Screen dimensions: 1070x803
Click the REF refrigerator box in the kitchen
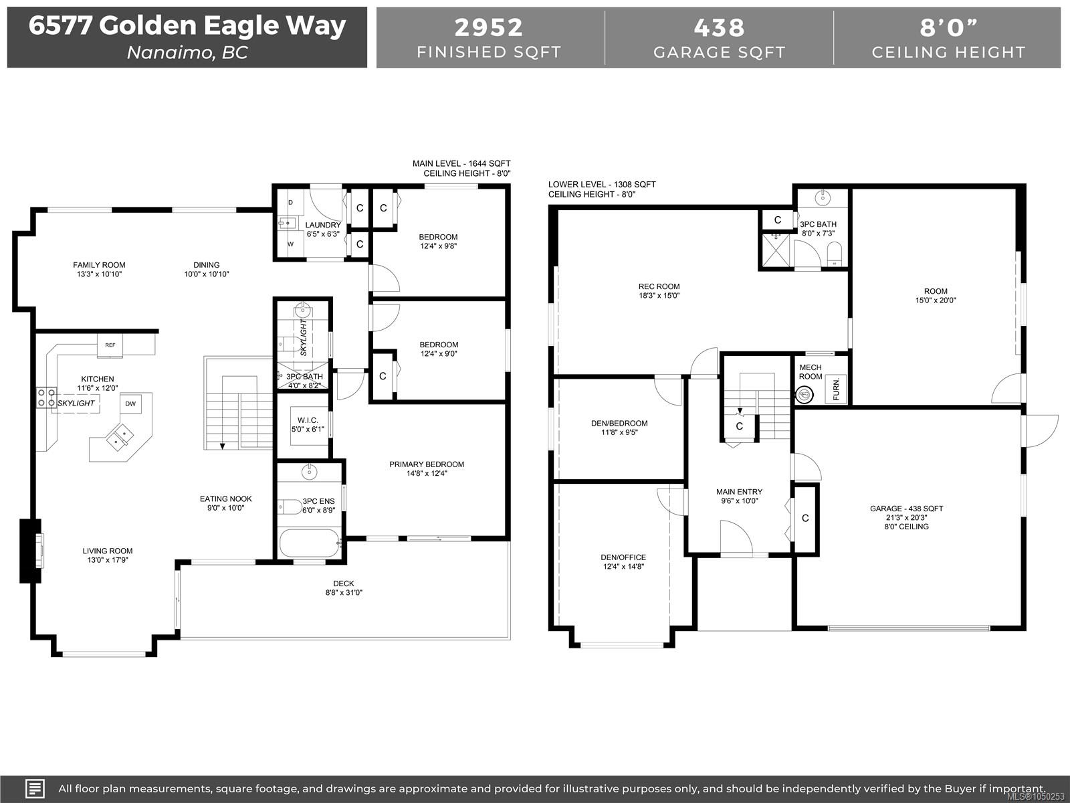tap(110, 345)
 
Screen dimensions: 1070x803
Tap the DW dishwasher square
tap(130, 404)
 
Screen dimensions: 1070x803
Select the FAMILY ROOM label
tap(99, 265)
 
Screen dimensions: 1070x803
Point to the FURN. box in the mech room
tap(836, 389)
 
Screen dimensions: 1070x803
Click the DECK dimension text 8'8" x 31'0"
tap(344, 592)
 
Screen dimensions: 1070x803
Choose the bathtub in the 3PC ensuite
tap(310, 543)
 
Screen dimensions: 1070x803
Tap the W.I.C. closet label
tap(308, 420)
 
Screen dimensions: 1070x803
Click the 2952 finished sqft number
tap(488, 27)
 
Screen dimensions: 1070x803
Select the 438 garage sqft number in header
tap(720, 27)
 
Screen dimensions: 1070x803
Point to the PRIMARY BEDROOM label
tap(427, 464)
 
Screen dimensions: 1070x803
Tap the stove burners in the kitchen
tap(46, 397)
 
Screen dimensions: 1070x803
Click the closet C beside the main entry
tap(805, 518)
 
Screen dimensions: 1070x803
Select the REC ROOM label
tap(659, 286)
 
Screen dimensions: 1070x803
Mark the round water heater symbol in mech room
tap(805, 394)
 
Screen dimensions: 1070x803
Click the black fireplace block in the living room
tap(30, 551)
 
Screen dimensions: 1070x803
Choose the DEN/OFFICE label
tap(623, 557)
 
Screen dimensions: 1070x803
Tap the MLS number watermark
tap(1036, 797)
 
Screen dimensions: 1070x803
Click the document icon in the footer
tap(35, 788)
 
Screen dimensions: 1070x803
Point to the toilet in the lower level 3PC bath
tap(835, 256)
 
